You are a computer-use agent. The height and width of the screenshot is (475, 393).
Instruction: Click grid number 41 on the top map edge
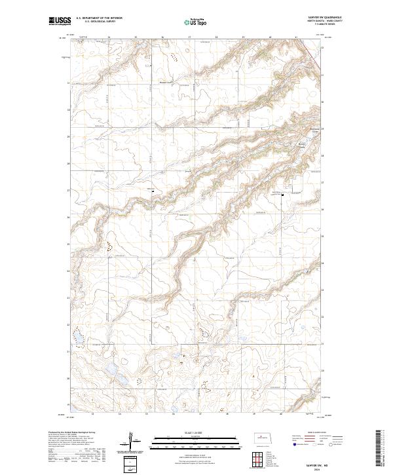(296, 37)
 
